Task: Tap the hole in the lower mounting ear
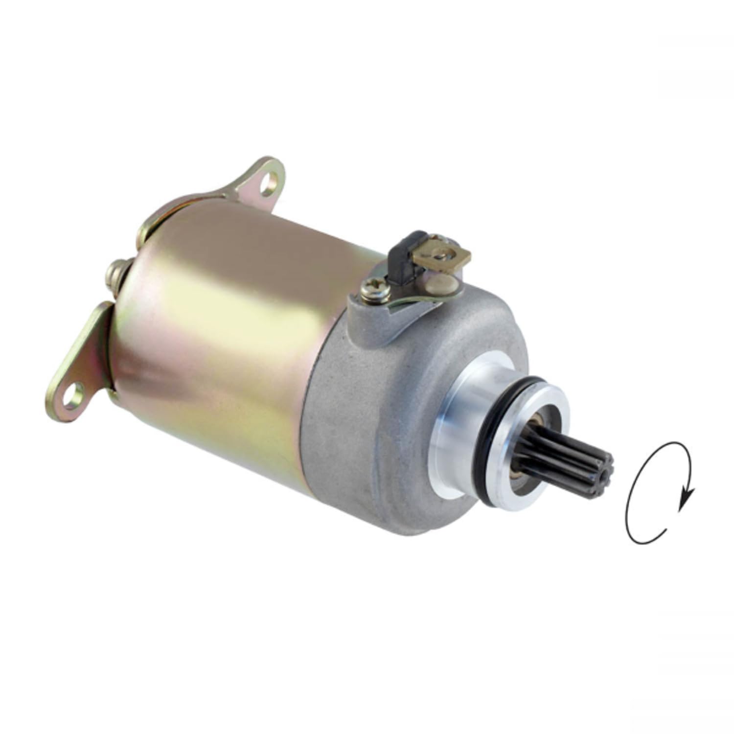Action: (72, 394)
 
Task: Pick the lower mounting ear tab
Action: (81, 362)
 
